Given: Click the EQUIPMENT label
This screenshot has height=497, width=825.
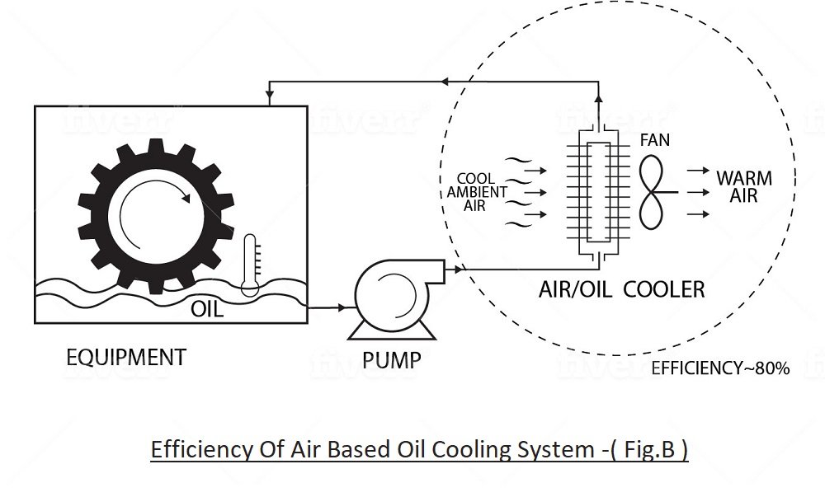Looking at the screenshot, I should point(125,358).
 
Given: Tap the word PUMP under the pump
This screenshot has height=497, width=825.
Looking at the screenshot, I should point(392,360).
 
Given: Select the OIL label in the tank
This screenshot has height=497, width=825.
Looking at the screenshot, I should point(207,309).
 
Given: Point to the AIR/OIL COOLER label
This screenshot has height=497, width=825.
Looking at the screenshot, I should point(622,289).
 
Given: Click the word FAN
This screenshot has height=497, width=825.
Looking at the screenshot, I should point(655,141).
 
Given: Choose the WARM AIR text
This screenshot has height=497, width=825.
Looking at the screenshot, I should point(744,186).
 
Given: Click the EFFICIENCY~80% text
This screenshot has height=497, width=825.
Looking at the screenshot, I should point(720,368).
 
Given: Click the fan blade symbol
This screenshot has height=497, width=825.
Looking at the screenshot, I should point(656,191).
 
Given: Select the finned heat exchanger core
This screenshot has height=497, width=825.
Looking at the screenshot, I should point(599,191).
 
